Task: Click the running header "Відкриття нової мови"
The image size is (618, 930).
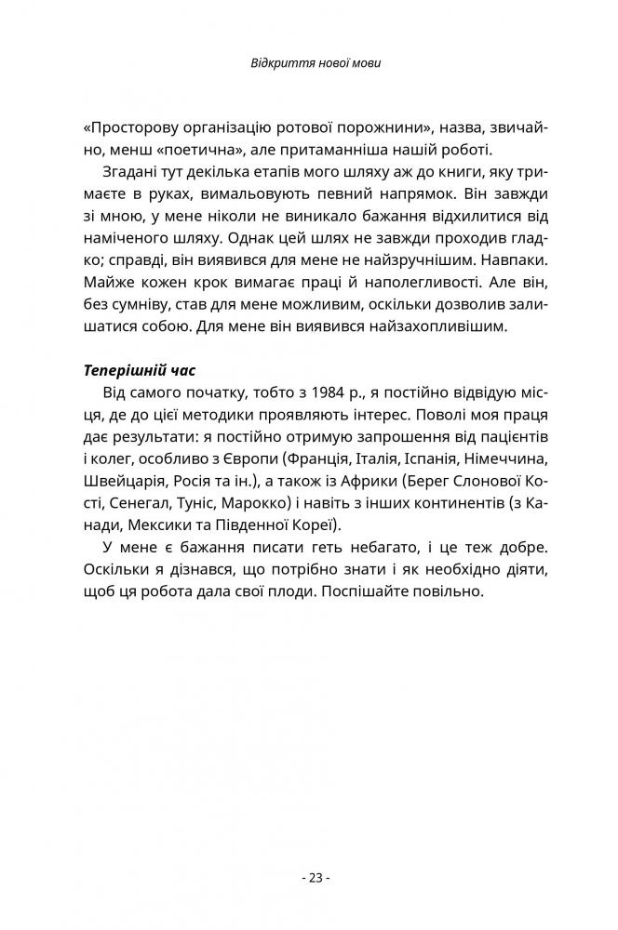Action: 308,64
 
